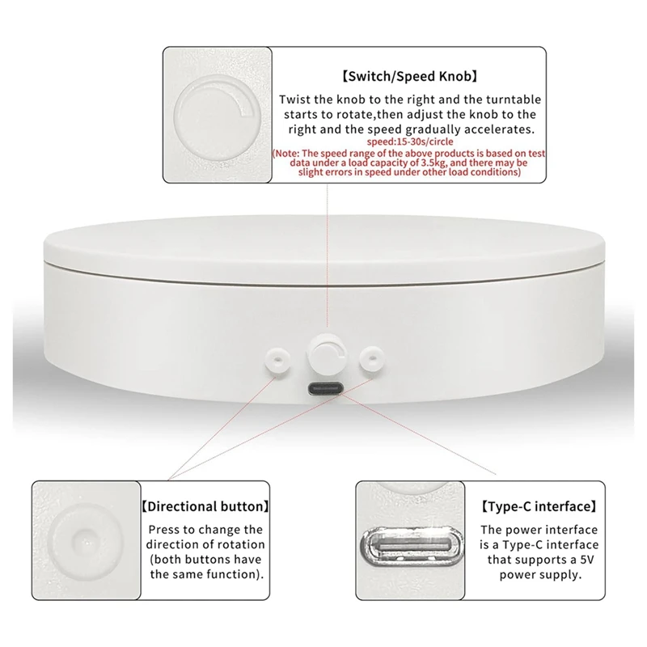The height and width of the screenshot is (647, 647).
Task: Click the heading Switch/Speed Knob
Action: (x=408, y=78)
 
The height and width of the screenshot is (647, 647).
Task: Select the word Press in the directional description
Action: (x=165, y=529)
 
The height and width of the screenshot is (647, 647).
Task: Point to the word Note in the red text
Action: (x=285, y=153)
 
